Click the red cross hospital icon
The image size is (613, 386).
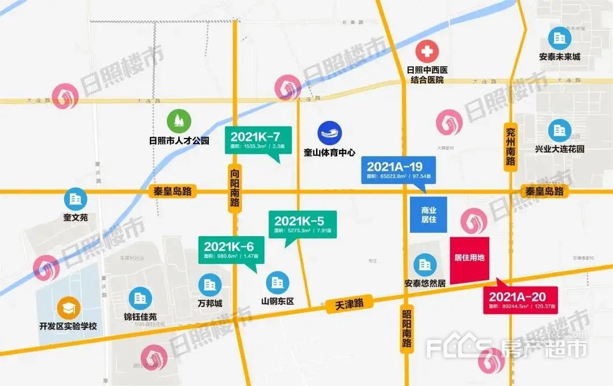(x=427, y=53)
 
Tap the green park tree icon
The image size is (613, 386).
(x=179, y=121)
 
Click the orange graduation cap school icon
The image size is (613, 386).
(x=69, y=308)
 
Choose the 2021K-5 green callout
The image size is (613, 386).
(x=303, y=224)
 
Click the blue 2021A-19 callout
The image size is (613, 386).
(x=398, y=170)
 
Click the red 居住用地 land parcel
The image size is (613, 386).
(x=469, y=258)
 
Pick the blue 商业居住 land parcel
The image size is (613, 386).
(x=429, y=215)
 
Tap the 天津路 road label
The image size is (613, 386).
(x=349, y=303)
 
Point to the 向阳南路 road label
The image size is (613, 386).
(x=235, y=188)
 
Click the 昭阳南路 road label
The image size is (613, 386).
(x=406, y=330)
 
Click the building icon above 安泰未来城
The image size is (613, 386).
(x=560, y=39)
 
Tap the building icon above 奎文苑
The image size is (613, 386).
(x=75, y=200)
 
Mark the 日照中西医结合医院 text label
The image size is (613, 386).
(x=427, y=75)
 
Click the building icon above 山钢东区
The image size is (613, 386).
(x=278, y=283)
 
